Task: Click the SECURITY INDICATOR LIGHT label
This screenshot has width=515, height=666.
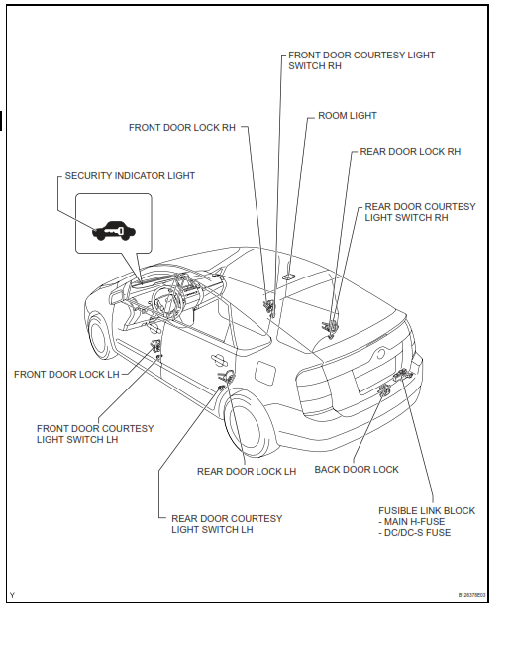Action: coord(130,176)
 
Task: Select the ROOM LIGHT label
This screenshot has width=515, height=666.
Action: coord(348,116)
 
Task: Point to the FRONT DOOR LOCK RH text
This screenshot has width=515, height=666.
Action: coord(182,127)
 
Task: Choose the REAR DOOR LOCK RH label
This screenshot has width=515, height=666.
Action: coord(410,152)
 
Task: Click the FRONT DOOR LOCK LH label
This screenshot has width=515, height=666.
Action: coord(66,375)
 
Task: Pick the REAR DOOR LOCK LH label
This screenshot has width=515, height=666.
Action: coord(247,472)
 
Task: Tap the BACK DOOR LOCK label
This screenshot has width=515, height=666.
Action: coord(357,470)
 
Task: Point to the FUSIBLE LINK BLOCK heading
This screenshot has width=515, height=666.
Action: coord(427,511)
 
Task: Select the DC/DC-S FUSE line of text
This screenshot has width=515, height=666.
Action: coord(417,533)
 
